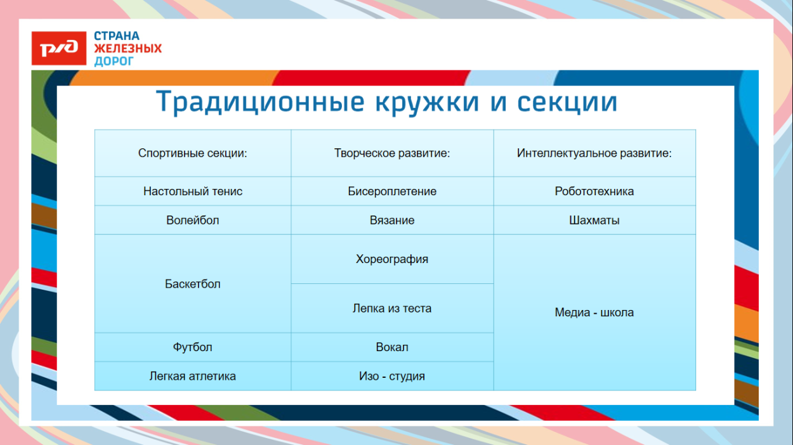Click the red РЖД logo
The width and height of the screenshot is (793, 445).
[58, 48]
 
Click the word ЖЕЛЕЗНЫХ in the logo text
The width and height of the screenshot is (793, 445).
[128, 49]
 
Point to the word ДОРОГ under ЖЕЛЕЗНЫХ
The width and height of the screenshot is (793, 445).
[114, 61]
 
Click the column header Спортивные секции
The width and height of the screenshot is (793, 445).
[193, 153]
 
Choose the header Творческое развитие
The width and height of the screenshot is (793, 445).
[392, 153]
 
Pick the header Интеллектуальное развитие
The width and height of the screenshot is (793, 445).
[594, 153]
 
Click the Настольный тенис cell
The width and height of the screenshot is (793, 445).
[193, 191]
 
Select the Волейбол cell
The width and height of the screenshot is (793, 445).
[193, 221]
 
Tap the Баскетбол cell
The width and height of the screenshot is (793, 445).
[193, 284]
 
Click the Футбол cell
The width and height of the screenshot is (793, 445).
[193, 347]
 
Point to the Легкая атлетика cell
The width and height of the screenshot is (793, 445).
[193, 376]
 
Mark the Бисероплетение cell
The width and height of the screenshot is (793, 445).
[392, 191]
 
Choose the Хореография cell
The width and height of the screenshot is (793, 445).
[392, 259]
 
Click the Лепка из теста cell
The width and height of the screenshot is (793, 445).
[392, 309]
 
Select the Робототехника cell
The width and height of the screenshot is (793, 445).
[594, 191]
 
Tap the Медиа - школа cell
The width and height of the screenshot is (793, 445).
[594, 313]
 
